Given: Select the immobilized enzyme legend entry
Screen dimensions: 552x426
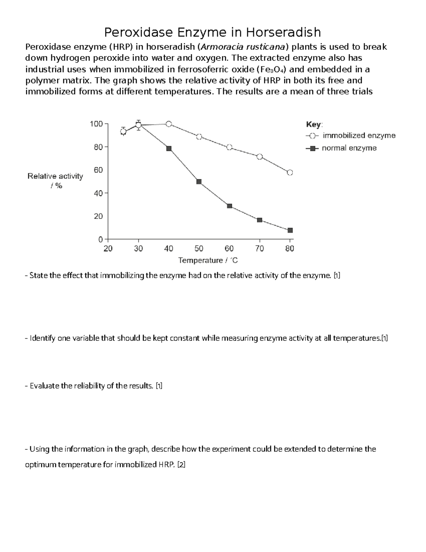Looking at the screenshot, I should click(359, 135).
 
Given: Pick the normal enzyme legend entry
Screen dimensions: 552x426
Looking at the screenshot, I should click(349, 148).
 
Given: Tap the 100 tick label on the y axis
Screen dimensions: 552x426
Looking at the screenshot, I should click(96, 124).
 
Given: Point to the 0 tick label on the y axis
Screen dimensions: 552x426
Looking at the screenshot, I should click(100, 240).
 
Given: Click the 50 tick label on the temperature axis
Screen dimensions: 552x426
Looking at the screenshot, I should click(199, 249).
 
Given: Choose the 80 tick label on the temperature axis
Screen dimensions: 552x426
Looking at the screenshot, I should click(290, 249).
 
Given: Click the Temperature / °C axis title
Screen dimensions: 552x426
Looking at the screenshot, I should click(208, 261).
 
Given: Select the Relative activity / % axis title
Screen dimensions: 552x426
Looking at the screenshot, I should click(55, 181).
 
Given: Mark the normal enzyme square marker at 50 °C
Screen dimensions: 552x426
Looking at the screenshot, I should click(199, 182).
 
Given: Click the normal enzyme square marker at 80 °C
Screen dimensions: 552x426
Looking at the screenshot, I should click(290, 230).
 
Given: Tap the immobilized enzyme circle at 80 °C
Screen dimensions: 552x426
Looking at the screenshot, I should click(290, 172).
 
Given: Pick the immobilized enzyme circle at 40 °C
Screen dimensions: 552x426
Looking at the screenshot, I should click(169, 124).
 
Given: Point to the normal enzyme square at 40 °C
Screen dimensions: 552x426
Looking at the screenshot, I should click(169, 149).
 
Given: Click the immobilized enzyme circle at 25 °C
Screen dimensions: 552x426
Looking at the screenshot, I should click(123, 132).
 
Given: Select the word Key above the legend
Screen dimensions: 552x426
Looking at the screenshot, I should click(313, 124).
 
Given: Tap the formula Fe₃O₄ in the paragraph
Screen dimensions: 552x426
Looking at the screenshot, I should click(272, 69).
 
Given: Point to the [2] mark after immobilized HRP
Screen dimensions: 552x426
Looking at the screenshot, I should click(181, 465).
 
